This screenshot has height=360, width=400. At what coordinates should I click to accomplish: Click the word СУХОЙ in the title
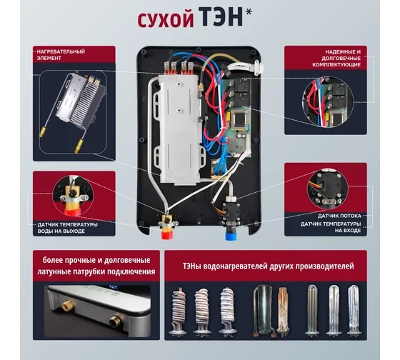[166, 20]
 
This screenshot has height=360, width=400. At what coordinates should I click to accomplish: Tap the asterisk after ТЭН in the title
[249, 12]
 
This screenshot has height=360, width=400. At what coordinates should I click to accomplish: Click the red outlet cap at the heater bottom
[167, 234]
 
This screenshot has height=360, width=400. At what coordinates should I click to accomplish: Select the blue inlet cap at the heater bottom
[231, 236]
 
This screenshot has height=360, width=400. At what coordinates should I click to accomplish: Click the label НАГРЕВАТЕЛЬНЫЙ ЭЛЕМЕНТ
[61, 54]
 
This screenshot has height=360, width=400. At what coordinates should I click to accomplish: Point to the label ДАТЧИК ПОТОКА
[339, 216]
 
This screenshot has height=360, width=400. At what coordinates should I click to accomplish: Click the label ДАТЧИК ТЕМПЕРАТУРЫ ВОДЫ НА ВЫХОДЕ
[68, 228]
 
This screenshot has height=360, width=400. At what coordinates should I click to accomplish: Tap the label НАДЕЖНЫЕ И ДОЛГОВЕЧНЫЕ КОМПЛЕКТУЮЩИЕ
[336, 58]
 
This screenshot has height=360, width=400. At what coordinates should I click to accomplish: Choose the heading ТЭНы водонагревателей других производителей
[268, 266]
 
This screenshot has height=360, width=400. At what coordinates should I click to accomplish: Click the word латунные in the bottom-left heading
[54, 271]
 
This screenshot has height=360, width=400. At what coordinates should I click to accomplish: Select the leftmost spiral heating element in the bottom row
[178, 311]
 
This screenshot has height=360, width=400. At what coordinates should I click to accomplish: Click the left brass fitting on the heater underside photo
[66, 304]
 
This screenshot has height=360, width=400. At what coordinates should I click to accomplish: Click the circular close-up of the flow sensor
[327, 189]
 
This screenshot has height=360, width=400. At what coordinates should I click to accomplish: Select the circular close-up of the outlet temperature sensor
[73, 196]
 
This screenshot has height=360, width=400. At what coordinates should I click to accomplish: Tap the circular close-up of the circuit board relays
[328, 102]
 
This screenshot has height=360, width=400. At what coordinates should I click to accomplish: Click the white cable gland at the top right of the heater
[259, 67]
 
